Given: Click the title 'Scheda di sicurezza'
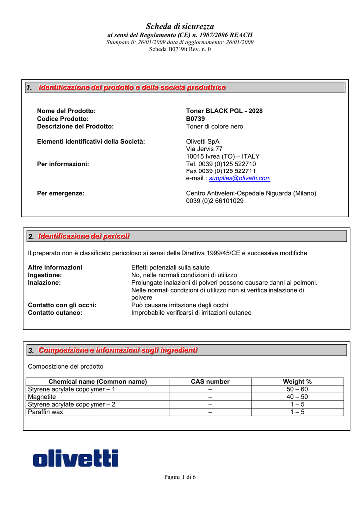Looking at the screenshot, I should pyautogui.click(x=180, y=26).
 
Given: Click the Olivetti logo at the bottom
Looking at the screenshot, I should pyautogui.click(x=75, y=458).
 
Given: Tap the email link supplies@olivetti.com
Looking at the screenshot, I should pyautogui.click(x=240, y=178).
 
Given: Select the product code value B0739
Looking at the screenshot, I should pyautogui.click(x=195, y=119).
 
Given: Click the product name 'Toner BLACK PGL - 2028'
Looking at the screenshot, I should pyautogui.click(x=224, y=111).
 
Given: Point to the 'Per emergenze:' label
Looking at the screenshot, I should pyautogui.click(x=61, y=193).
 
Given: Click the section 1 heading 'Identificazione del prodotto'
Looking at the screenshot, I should pyautogui.click(x=132, y=88).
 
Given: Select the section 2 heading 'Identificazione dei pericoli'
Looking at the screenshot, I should pyautogui.click(x=84, y=236).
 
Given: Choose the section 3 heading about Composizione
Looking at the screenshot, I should pyautogui.click(x=118, y=350).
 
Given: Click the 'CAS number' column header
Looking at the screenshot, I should pyautogui.click(x=210, y=382).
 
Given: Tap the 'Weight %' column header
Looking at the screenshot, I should pyautogui.click(x=297, y=382).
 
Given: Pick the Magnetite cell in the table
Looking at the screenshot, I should pyautogui.click(x=42, y=397).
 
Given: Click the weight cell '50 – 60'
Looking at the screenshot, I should pyautogui.click(x=297, y=389).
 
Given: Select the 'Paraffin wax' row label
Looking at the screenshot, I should pyautogui.click(x=46, y=412).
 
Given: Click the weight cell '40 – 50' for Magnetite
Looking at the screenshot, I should pyautogui.click(x=297, y=397).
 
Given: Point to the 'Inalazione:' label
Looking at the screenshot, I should pyautogui.click(x=44, y=282).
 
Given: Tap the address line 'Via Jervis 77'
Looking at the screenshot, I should pyautogui.click(x=204, y=149).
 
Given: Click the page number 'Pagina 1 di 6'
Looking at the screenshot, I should pyautogui.click(x=180, y=477).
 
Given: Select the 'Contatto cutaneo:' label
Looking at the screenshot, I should pyautogui.click(x=55, y=313).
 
